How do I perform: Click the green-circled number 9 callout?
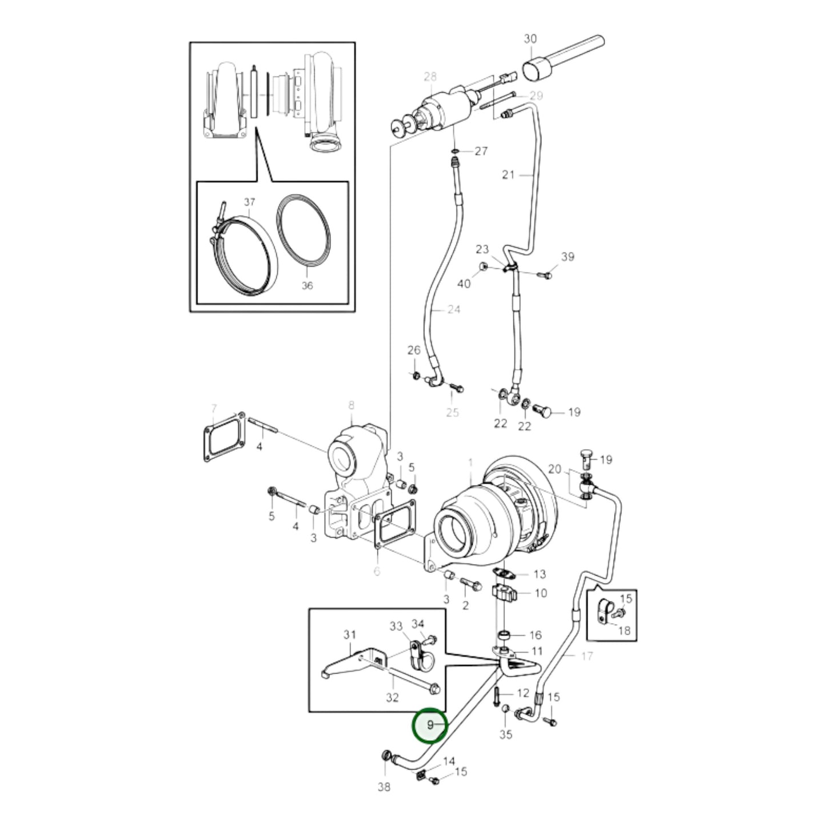click(x=430, y=725)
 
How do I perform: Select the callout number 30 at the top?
click(x=530, y=39)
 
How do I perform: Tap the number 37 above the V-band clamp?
click(x=249, y=202)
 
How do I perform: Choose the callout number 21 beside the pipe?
click(x=508, y=175)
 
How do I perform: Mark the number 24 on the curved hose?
click(x=453, y=310)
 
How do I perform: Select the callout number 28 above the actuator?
click(x=430, y=77)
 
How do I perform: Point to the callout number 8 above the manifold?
click(x=351, y=405)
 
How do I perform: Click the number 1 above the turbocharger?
click(x=470, y=461)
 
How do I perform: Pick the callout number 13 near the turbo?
click(x=539, y=574)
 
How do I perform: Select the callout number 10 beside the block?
click(x=540, y=593)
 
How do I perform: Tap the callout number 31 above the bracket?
click(x=349, y=635)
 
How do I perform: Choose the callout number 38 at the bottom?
click(x=384, y=787)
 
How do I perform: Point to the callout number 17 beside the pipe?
click(x=586, y=656)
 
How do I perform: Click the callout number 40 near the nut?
click(x=464, y=284)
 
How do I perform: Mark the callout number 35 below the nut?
click(x=505, y=734)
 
